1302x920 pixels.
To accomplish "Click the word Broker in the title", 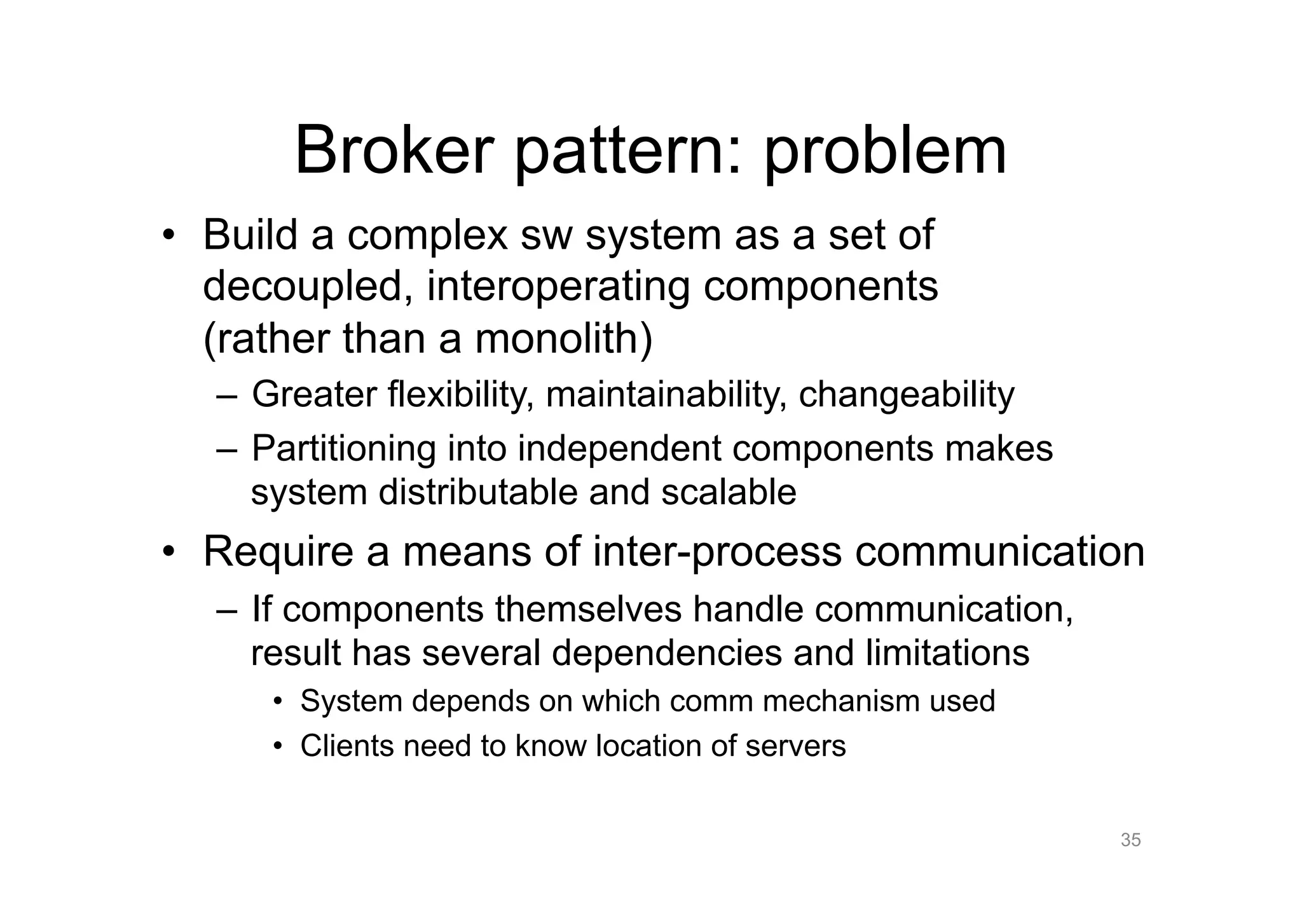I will click(394, 151).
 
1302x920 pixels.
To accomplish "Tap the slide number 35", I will click(1130, 840).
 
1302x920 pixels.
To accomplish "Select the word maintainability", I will click(666, 395).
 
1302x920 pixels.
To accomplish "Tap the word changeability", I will click(906, 395).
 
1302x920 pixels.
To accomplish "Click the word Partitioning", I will click(344, 448).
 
